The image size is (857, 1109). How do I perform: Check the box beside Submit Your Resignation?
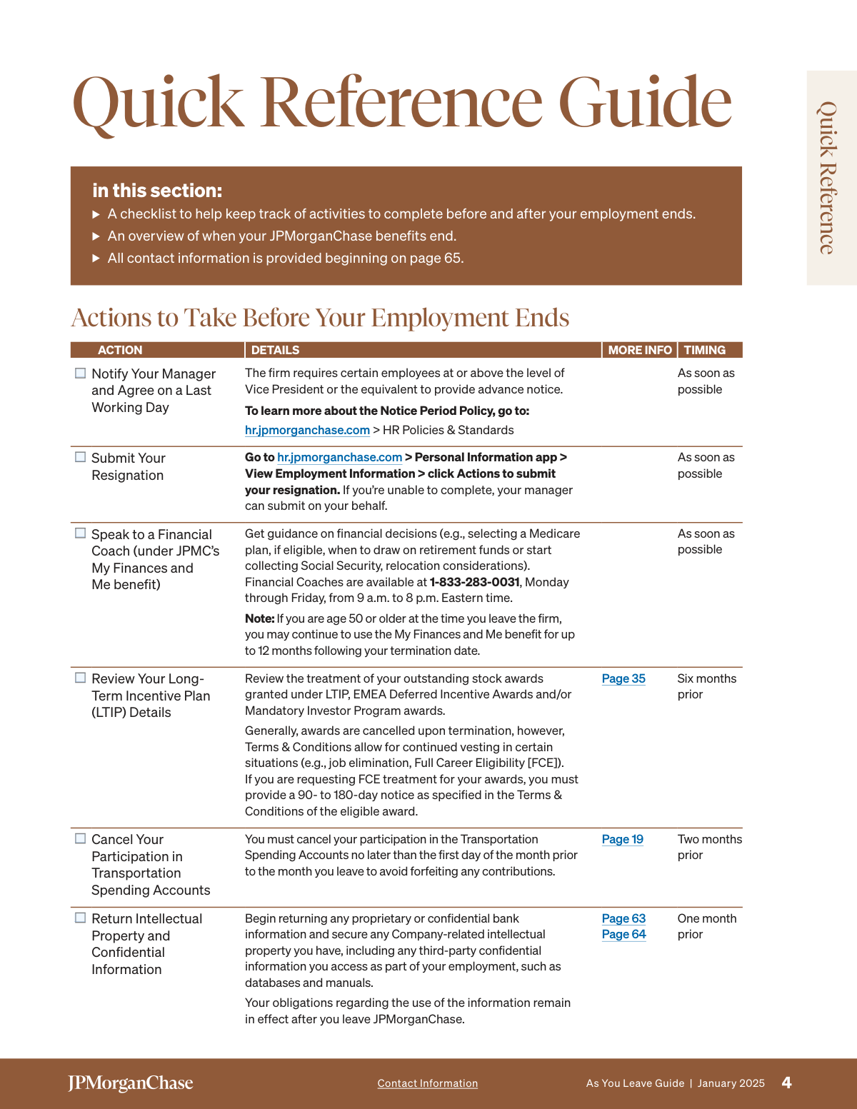(x=81, y=457)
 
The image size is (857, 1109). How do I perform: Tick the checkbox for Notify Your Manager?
(x=81, y=373)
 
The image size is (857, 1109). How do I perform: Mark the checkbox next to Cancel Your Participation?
(x=81, y=838)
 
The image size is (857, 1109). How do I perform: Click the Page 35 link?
(x=623, y=678)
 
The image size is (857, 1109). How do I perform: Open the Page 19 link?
(x=622, y=839)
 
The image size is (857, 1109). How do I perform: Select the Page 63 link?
(x=623, y=918)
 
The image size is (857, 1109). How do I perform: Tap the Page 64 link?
(x=623, y=934)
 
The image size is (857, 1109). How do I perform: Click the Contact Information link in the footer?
(x=427, y=1083)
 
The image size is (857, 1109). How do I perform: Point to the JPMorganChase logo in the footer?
(x=131, y=1083)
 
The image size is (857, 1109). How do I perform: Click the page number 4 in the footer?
(x=786, y=1083)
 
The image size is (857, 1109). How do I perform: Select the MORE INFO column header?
(x=639, y=350)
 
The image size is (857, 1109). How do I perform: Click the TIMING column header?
(x=704, y=350)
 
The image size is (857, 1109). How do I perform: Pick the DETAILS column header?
(x=275, y=350)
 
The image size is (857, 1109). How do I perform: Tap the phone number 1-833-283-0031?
(x=474, y=582)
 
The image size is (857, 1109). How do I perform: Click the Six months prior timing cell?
(x=706, y=686)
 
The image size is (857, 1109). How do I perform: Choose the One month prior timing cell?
(x=706, y=926)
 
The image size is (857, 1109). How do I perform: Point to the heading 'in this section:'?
(x=157, y=191)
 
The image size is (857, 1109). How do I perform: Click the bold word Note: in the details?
(x=259, y=618)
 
